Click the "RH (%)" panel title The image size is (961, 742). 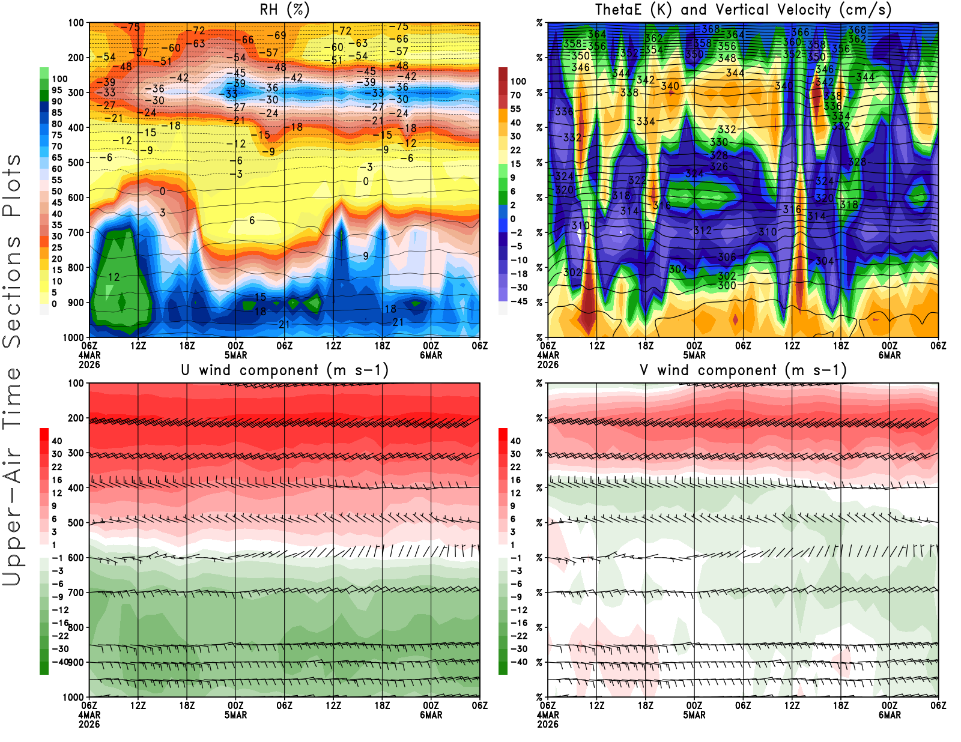(284, 10)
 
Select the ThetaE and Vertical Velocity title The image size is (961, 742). (743, 10)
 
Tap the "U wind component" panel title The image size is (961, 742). (284, 370)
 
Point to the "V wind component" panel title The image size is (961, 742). (743, 370)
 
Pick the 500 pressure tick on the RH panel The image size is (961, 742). (76, 163)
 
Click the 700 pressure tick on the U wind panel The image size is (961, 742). (76, 593)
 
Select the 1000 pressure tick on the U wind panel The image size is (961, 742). (73, 697)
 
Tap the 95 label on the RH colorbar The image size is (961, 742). (56, 90)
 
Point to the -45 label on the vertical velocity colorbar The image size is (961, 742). (519, 301)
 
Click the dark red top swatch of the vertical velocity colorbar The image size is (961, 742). (503, 74)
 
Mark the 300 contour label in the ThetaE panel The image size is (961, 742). (727, 286)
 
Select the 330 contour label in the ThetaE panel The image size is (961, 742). (719, 142)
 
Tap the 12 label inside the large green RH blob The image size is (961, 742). (114, 277)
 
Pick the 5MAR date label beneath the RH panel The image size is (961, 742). (235, 355)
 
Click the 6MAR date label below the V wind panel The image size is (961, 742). (890, 715)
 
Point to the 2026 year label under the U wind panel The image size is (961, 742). (89, 724)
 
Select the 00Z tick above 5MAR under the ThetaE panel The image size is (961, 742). (694, 346)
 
